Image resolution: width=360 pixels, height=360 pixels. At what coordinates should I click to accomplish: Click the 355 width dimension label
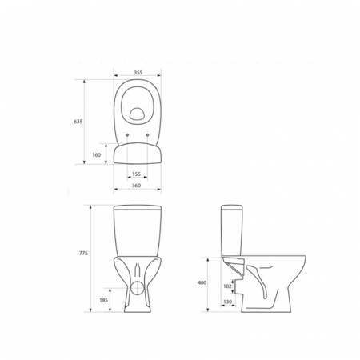138,72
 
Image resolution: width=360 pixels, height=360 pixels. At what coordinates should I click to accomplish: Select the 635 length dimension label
78,122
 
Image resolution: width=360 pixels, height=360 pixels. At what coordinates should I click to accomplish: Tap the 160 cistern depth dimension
97,154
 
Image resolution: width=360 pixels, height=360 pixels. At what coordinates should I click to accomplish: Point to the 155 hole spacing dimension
136,174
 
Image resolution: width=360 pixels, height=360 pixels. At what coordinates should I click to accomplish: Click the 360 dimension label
136,186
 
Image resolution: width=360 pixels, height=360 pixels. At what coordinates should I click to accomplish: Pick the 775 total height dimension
83,254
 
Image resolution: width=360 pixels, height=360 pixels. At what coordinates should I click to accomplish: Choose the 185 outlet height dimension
103,300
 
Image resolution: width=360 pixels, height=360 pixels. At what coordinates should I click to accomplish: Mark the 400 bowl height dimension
202,282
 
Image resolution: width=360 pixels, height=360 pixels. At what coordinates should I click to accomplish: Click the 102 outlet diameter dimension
227,286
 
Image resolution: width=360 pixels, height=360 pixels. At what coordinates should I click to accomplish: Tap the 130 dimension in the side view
228,302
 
